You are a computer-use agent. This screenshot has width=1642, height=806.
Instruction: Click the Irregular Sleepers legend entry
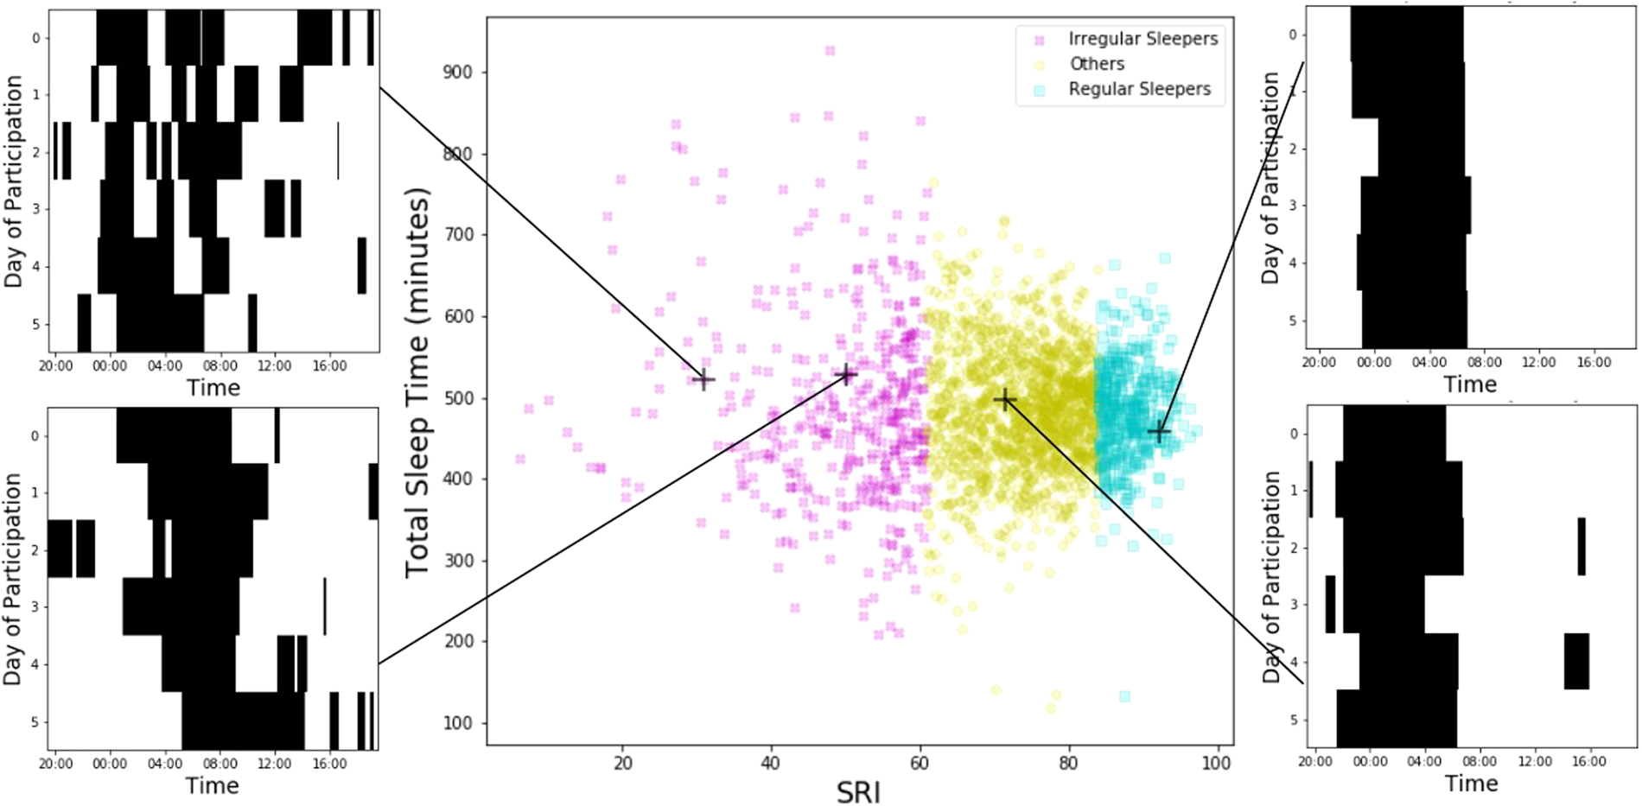(x=1142, y=39)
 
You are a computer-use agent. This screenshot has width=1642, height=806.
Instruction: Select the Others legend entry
(x=1096, y=64)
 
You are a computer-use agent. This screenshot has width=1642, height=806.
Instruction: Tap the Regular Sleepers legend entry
(x=1138, y=89)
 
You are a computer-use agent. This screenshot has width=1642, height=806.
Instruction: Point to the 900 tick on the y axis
(x=457, y=73)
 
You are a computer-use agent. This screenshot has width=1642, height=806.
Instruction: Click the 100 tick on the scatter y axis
(x=457, y=723)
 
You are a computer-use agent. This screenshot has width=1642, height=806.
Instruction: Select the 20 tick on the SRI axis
(x=622, y=764)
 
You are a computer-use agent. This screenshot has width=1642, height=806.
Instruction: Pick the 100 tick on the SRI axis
(x=1217, y=764)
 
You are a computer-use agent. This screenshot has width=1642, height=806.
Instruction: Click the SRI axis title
(x=858, y=791)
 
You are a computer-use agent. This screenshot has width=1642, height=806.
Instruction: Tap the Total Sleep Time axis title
(x=417, y=382)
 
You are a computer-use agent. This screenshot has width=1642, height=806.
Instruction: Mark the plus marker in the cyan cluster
(x=1159, y=431)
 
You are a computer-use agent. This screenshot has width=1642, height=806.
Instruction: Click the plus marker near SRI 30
(x=703, y=379)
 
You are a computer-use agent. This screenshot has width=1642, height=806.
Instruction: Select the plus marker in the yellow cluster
(x=1004, y=399)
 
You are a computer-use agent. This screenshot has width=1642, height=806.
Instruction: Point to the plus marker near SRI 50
(x=847, y=374)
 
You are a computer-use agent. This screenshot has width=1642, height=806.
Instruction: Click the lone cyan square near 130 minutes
(x=1124, y=696)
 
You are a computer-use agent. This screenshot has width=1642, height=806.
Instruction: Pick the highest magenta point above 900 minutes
(x=830, y=51)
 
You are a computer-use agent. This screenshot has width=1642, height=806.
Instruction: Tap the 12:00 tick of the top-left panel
(x=274, y=366)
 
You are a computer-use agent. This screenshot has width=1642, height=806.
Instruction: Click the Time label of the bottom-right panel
(x=1471, y=784)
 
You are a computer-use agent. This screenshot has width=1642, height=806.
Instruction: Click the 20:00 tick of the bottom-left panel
(x=55, y=764)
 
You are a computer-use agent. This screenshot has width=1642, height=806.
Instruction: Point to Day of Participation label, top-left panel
(x=14, y=181)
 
